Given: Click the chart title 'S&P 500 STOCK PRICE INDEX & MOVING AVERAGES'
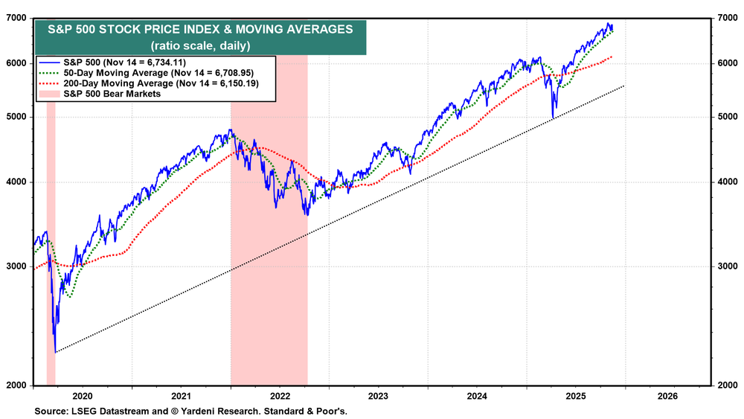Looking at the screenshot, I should pos(200,30).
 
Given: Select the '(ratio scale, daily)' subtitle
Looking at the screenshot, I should pos(200,45).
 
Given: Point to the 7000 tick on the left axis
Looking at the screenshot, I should pos(17,17).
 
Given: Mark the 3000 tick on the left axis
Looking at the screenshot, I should pos(17,266).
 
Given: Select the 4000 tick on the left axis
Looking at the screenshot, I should pos(17,182).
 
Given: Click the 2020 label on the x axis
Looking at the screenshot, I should pos(82,397).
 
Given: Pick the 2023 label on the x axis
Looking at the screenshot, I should pos(378,397).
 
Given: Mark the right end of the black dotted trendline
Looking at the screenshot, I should pos(623,86).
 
